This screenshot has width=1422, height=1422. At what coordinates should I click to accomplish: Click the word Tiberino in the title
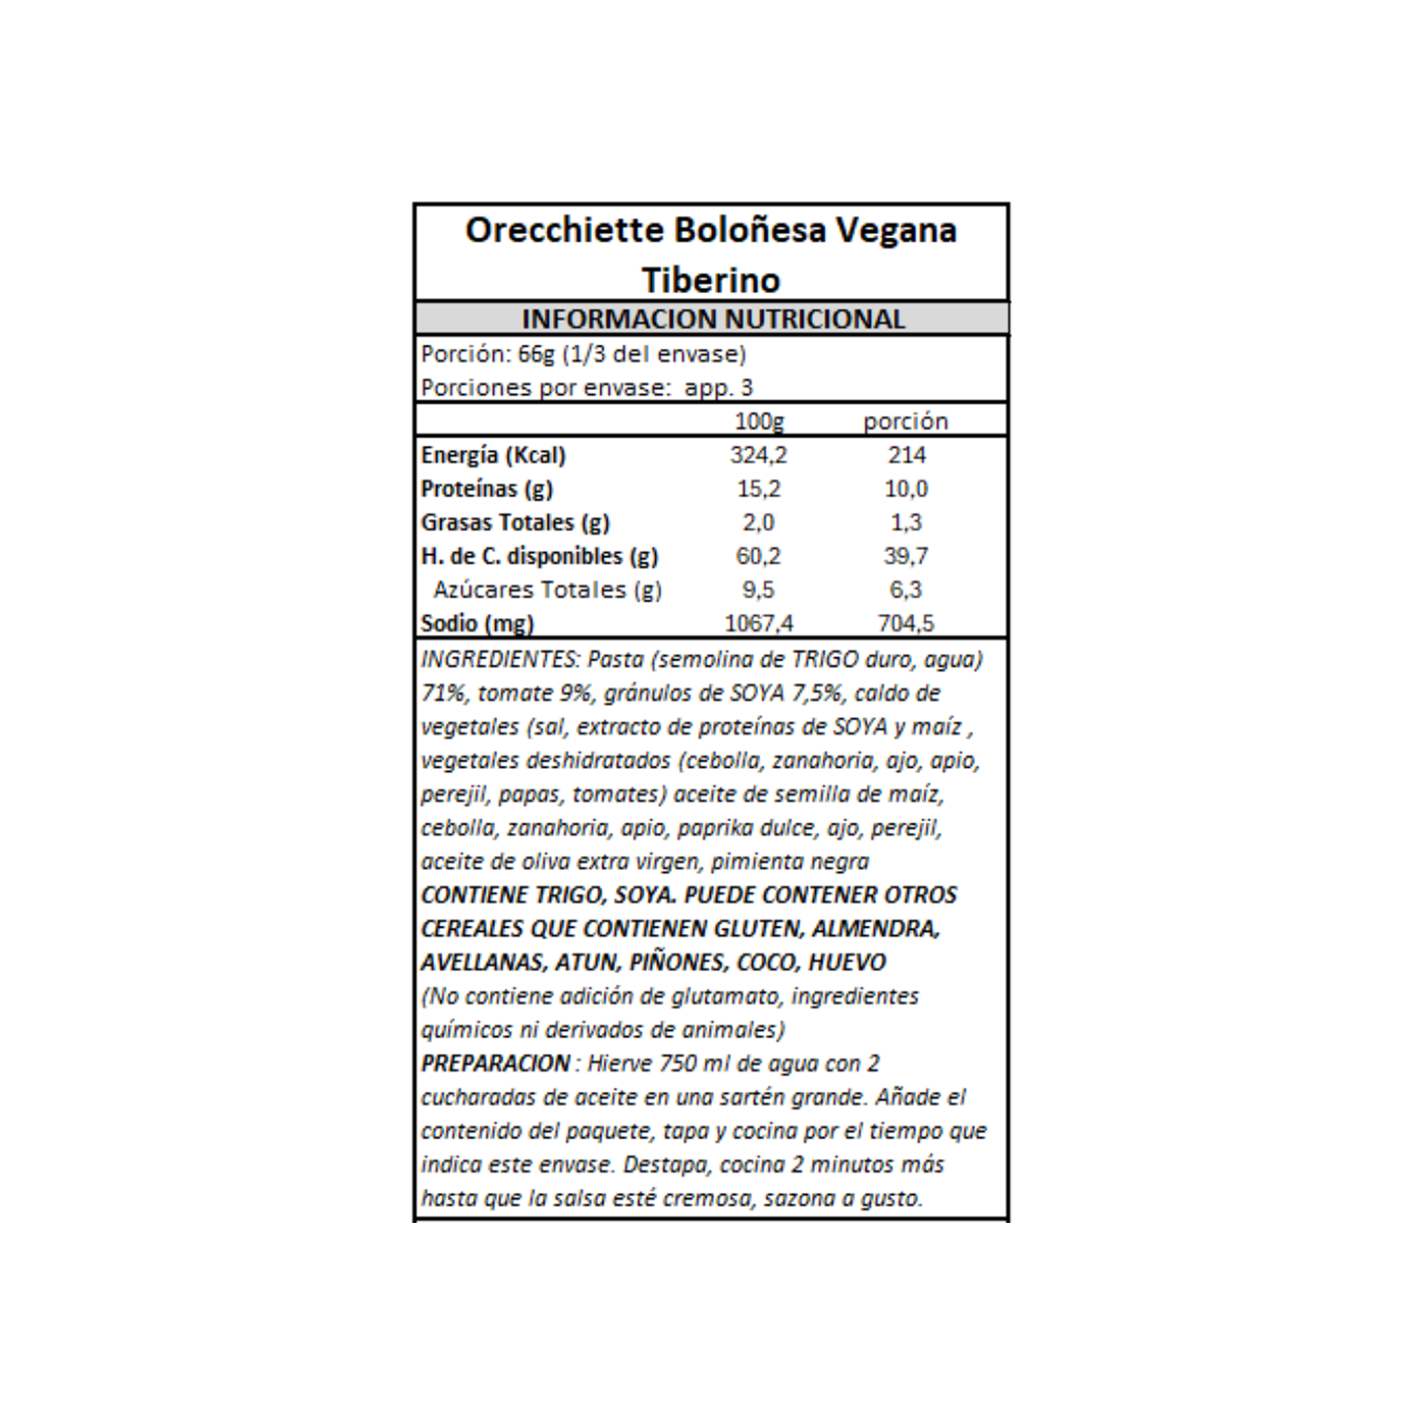(x=711, y=281)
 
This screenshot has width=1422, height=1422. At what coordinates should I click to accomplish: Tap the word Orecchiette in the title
(x=565, y=230)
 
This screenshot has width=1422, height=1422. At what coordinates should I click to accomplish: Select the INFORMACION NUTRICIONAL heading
(x=713, y=319)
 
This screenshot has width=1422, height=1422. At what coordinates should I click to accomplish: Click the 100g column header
(x=758, y=421)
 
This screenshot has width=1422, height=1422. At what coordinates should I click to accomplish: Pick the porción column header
(x=905, y=421)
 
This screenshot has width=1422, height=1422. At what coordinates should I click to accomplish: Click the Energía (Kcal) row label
(x=493, y=455)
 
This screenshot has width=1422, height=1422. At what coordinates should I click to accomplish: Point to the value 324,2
(x=758, y=455)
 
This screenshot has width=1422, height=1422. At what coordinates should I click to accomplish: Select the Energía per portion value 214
(x=906, y=455)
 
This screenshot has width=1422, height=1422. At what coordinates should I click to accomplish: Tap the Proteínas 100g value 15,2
(x=758, y=489)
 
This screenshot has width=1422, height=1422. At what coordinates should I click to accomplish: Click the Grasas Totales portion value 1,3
(x=906, y=522)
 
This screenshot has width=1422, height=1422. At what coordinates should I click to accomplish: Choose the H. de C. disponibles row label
(x=538, y=556)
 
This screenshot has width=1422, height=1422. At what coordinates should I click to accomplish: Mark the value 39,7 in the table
(x=906, y=556)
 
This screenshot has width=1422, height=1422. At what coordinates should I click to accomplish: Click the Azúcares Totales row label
(x=547, y=590)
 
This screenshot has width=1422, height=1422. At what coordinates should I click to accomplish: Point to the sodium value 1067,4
(x=758, y=624)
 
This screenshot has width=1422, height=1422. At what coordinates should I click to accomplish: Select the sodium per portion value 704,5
(x=906, y=624)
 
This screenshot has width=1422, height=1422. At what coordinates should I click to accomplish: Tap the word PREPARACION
(x=495, y=1064)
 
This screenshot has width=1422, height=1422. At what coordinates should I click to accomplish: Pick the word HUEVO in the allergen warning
(x=847, y=962)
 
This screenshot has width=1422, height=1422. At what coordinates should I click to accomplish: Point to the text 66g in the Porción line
(x=536, y=355)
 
